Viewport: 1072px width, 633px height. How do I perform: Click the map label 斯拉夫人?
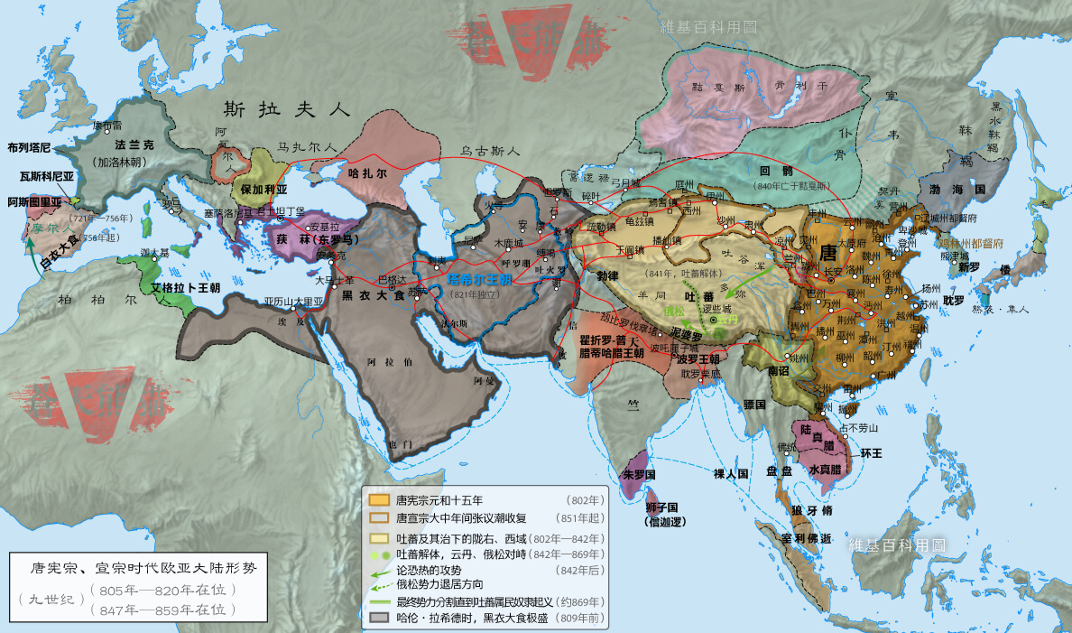pos(286,110)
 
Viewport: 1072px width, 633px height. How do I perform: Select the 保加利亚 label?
pos(263,191)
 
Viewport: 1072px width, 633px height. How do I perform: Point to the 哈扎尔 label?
pos(367,172)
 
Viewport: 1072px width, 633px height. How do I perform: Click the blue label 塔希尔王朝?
pos(483,281)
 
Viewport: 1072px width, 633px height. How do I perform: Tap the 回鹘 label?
pos(777,170)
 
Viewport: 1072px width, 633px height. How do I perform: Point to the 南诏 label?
pos(779,369)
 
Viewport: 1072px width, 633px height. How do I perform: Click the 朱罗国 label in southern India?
pos(638,474)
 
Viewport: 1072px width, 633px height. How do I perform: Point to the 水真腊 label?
pos(825,469)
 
